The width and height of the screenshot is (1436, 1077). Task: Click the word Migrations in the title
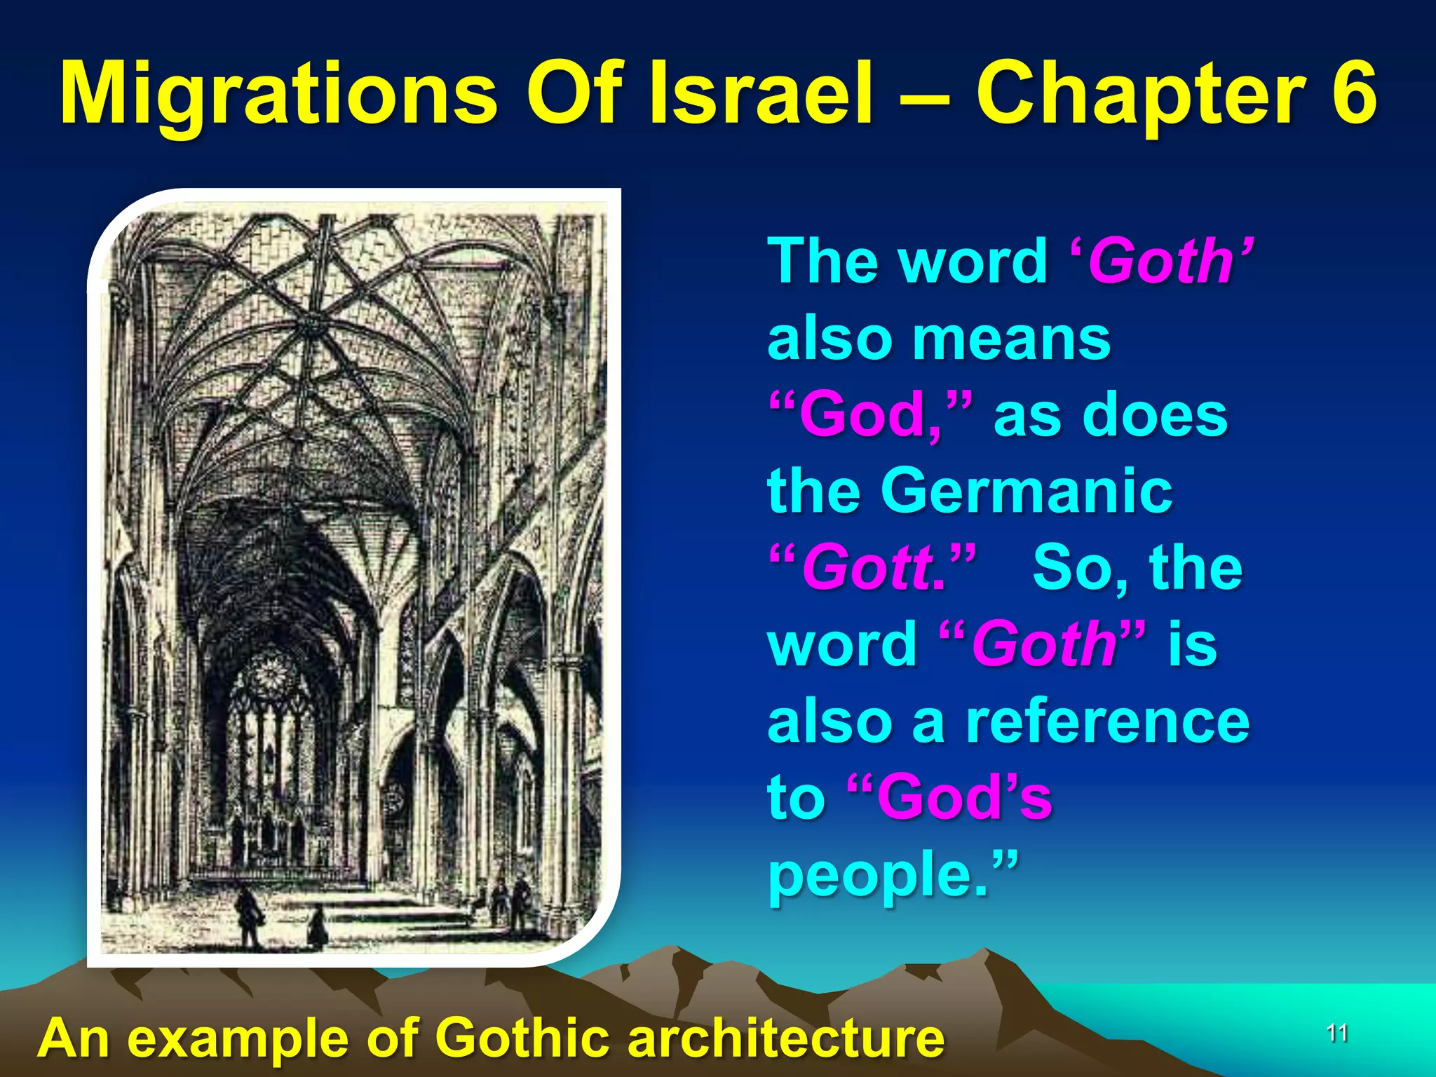pos(278,95)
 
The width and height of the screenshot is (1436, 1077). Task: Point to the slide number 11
pos(1337,1033)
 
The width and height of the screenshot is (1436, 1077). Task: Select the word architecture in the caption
pos(786,1037)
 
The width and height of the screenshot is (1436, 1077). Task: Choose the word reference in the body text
pos(1107,722)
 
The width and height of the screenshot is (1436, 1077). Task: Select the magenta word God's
pos(964,797)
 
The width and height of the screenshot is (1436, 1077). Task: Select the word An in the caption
pos(74,1038)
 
